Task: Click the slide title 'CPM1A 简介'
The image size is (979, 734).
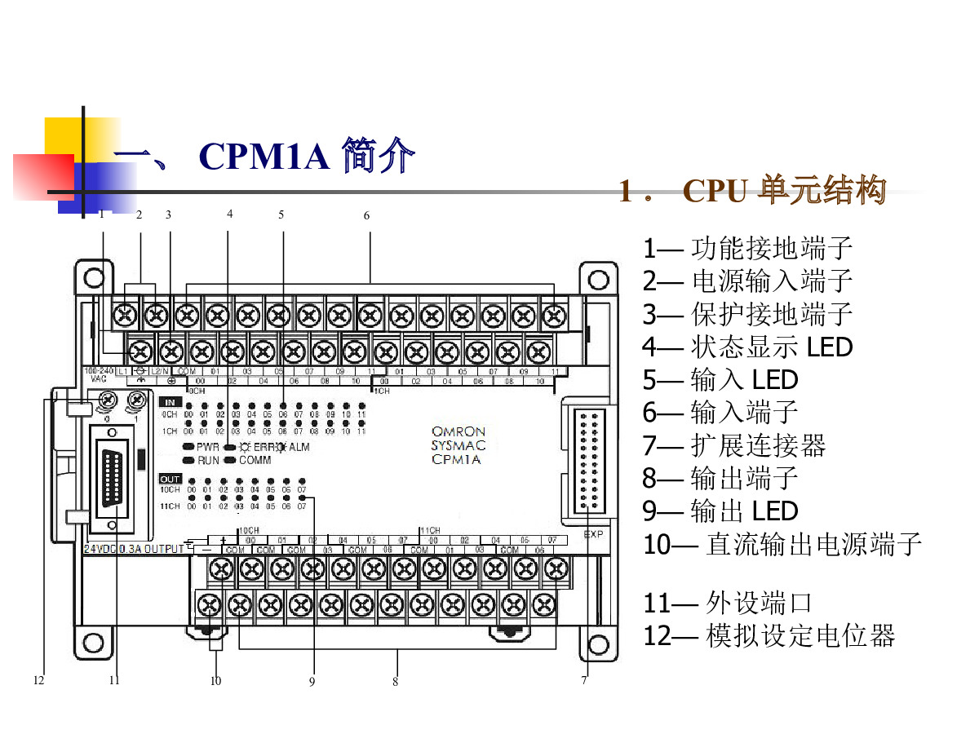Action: tap(306, 156)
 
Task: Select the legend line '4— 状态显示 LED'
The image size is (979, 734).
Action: tap(747, 347)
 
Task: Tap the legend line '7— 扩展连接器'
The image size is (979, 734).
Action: tap(734, 445)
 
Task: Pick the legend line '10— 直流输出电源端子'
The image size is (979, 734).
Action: tap(782, 544)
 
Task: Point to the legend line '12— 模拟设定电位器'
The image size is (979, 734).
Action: tap(769, 635)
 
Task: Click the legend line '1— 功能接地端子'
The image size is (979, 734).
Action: tap(747, 248)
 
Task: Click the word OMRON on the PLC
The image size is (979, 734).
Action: tap(458, 431)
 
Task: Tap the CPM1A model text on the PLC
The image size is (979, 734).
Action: tap(456, 460)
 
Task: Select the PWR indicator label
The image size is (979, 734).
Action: tap(208, 447)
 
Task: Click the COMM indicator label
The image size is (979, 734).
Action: tap(255, 461)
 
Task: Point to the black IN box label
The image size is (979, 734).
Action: tap(171, 402)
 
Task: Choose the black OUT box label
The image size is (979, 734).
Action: tap(171, 479)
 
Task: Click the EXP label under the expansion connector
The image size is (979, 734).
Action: tap(593, 535)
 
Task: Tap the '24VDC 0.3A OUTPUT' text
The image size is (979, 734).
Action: tap(135, 549)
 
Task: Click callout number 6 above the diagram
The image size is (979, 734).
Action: tap(366, 216)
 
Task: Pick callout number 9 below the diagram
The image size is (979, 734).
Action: tap(312, 682)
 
